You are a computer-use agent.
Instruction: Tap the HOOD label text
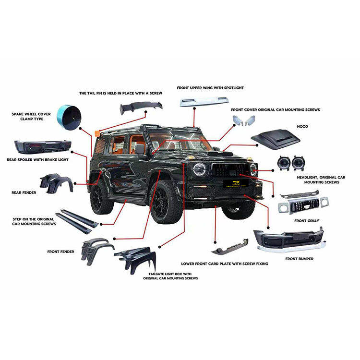pos(302,127)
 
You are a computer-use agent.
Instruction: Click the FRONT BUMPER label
pos(300,259)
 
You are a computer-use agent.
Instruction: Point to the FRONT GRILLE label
pos(307,220)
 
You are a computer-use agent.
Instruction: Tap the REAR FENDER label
pos(24,192)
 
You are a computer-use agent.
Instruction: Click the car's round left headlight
pos(199,169)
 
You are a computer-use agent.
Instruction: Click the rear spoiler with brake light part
pos(43,146)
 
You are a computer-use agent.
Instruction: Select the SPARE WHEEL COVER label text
pos(31,117)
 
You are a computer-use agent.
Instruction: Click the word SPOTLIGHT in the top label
pos(233,88)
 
